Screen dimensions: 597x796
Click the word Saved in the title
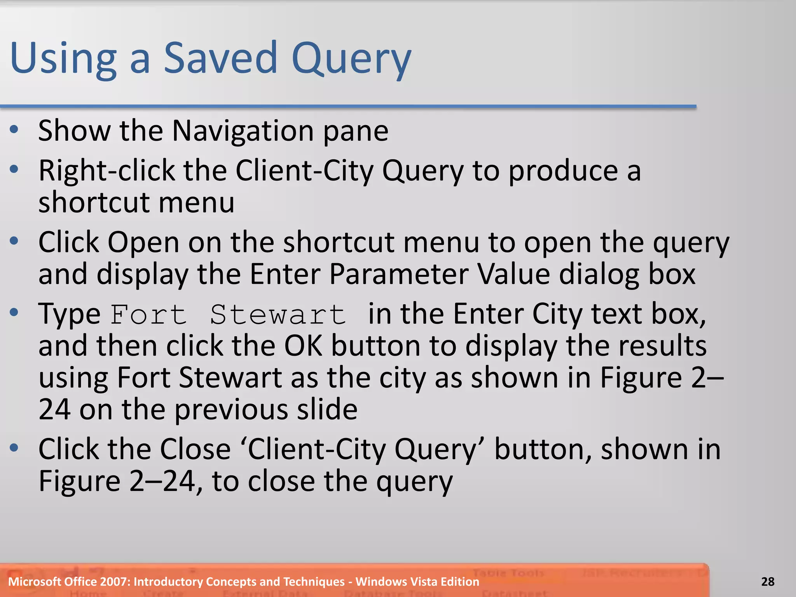coord(220,58)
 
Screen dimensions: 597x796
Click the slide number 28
coord(768,581)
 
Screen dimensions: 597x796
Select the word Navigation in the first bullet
coord(243,131)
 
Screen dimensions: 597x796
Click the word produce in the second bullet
coord(563,171)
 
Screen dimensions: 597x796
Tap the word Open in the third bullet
coord(143,242)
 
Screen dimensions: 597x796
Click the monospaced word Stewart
coord(278,314)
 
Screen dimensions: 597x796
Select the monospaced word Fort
coord(148,314)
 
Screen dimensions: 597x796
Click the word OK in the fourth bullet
coord(303,346)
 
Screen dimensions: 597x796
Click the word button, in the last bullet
coord(543,449)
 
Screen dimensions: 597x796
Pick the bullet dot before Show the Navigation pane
coord(14,130)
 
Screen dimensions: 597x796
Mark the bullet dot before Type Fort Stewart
coord(14,312)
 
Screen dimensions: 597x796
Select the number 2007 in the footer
coord(114,581)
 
